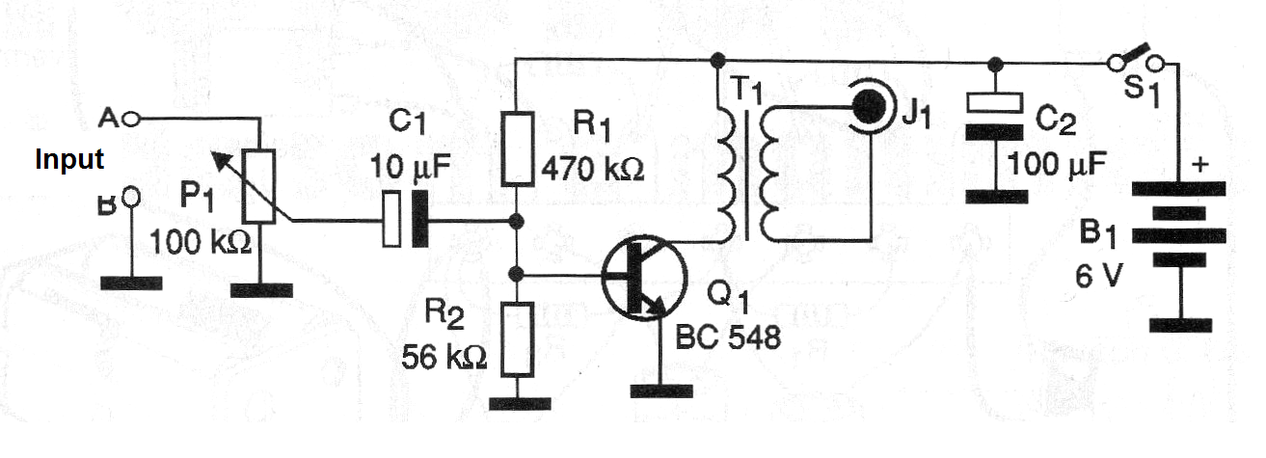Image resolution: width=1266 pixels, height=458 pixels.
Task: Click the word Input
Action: click(69, 160)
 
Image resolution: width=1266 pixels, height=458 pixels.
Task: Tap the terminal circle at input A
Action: click(131, 120)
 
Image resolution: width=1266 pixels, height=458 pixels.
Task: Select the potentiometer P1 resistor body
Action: click(258, 186)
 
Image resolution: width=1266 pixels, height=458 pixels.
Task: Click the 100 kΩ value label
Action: click(201, 243)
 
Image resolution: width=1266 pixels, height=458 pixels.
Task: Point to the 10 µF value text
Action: click(411, 168)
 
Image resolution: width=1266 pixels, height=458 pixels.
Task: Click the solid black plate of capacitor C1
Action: click(420, 219)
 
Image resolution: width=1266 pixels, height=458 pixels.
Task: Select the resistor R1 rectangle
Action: click(518, 148)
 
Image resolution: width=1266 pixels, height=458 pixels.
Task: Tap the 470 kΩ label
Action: click(593, 169)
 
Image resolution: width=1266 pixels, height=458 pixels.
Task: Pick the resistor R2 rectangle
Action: click(518, 339)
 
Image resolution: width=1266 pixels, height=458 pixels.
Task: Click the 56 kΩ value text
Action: click(444, 357)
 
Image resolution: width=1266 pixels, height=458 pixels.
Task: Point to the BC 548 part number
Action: click(728, 337)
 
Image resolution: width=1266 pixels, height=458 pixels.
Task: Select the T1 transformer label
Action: click(747, 90)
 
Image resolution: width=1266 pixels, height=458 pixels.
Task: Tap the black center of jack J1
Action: click(869, 106)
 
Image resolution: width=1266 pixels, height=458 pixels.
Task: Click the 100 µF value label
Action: click(1057, 164)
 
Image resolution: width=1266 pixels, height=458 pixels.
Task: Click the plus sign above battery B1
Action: click(1199, 165)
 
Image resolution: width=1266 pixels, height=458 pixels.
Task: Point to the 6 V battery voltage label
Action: click(1098, 277)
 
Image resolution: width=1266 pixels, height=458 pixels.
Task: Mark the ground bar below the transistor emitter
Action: click(661, 391)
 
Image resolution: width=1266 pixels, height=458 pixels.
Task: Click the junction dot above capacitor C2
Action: click(996, 65)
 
